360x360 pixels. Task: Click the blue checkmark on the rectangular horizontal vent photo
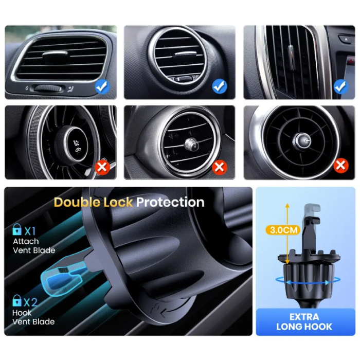[x=102, y=86]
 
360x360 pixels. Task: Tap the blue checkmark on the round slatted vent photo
[x=220, y=86]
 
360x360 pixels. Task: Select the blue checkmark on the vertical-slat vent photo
[x=341, y=86]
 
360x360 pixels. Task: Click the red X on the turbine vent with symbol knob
[x=102, y=167]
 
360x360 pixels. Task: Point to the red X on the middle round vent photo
[x=220, y=167]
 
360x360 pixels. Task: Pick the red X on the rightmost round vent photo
[x=341, y=165]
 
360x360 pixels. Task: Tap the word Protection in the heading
[x=170, y=203]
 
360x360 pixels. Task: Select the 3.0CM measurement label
[x=283, y=230]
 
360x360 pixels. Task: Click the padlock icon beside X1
[x=17, y=229]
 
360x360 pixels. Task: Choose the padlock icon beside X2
[x=17, y=300]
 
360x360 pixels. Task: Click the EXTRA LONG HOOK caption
[x=304, y=321]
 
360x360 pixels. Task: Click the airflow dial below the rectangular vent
[x=47, y=88]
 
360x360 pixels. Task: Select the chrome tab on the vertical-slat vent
[x=291, y=57]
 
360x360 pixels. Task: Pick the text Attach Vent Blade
[x=34, y=246]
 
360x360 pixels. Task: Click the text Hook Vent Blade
[x=33, y=317]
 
